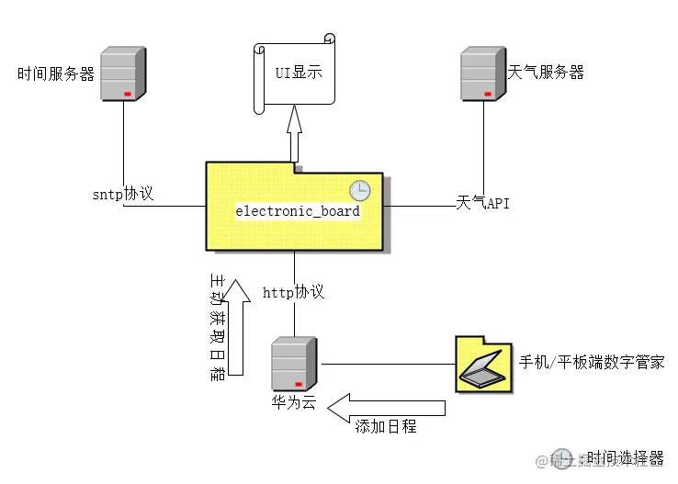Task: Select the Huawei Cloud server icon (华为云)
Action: (294, 365)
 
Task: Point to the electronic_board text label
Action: (298, 211)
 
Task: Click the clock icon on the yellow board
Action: (359, 190)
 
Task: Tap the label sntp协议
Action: (122, 195)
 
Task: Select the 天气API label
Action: (482, 202)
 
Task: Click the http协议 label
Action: (293, 292)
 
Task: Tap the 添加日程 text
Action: (385, 426)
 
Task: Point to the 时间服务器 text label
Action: (56, 74)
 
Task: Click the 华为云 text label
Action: (293, 402)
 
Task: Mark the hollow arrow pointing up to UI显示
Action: (294, 131)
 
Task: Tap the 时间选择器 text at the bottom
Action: (625, 456)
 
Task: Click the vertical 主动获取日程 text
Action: (217, 327)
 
